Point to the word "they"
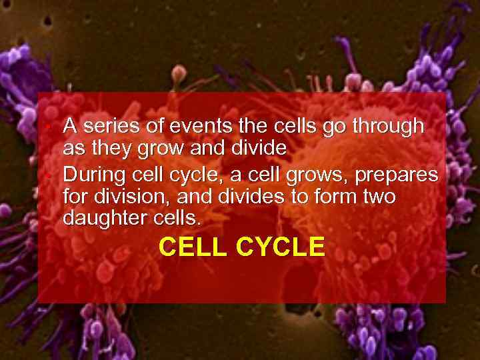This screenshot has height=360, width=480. (102, 148)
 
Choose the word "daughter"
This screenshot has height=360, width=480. (105, 219)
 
